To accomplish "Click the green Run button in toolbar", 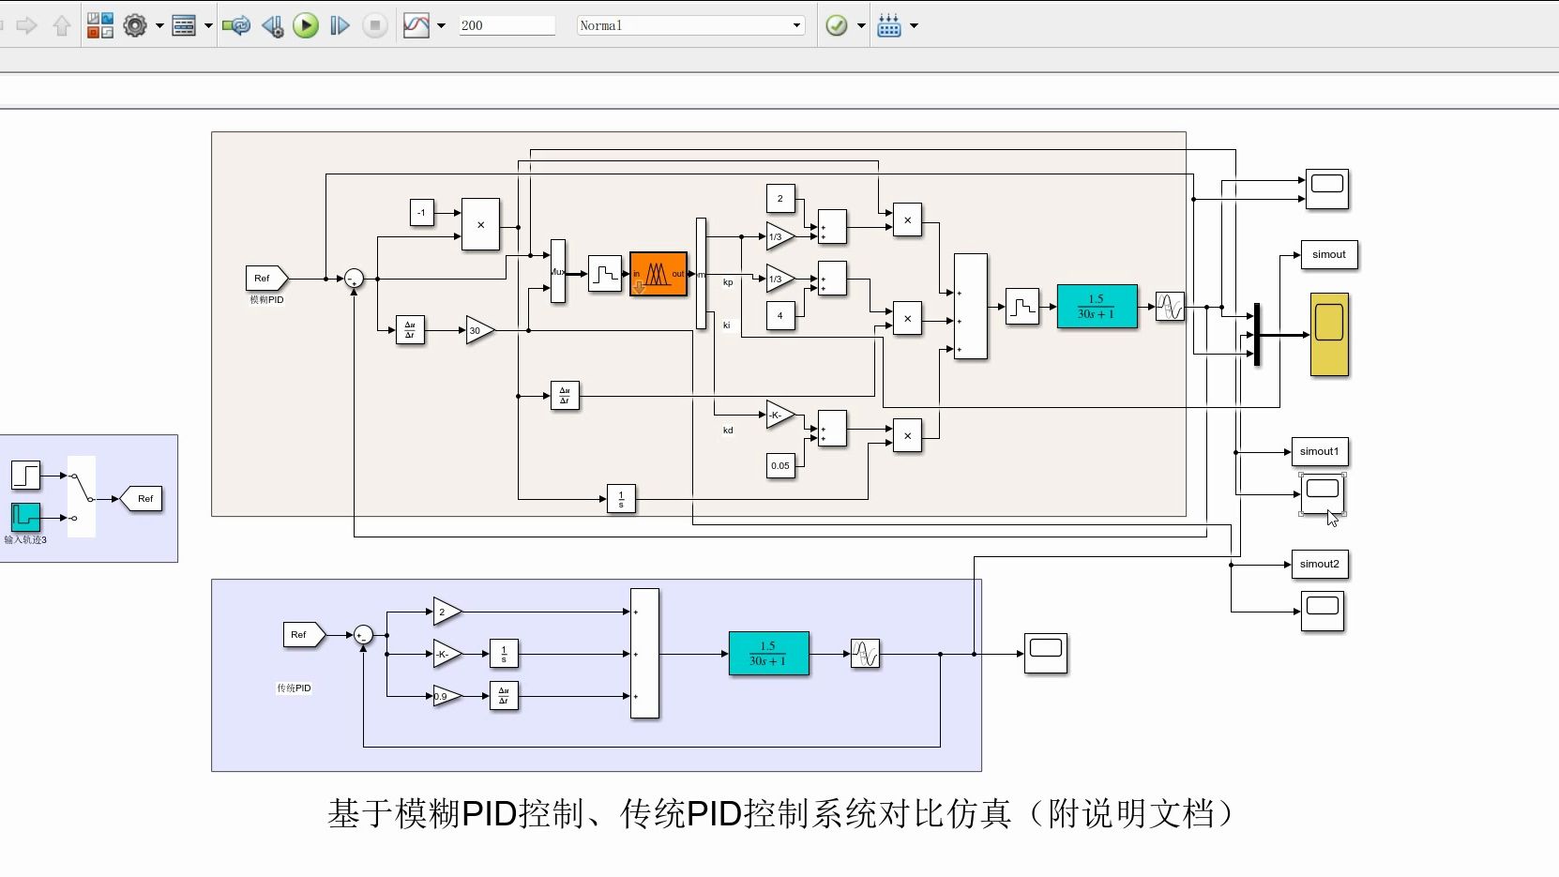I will (x=306, y=25).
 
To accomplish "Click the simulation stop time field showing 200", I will (x=507, y=25).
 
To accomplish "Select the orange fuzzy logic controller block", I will (x=658, y=274).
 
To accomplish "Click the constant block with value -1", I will (x=422, y=213).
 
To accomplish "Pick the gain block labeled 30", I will (x=478, y=330).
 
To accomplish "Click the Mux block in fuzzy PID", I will (x=558, y=271).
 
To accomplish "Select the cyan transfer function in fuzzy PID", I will (x=1097, y=307).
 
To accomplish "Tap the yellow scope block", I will (x=1329, y=334).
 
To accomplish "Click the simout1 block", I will (x=1320, y=451).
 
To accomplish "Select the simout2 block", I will (x=1320, y=564).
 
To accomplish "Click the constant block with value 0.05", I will (x=780, y=465).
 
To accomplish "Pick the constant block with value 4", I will (x=780, y=316).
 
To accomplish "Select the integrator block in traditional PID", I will (x=504, y=654).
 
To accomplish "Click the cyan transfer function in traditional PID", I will (x=768, y=654).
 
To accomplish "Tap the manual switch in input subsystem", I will (x=82, y=496).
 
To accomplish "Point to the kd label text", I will (x=728, y=431).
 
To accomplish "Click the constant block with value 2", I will (x=780, y=199).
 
